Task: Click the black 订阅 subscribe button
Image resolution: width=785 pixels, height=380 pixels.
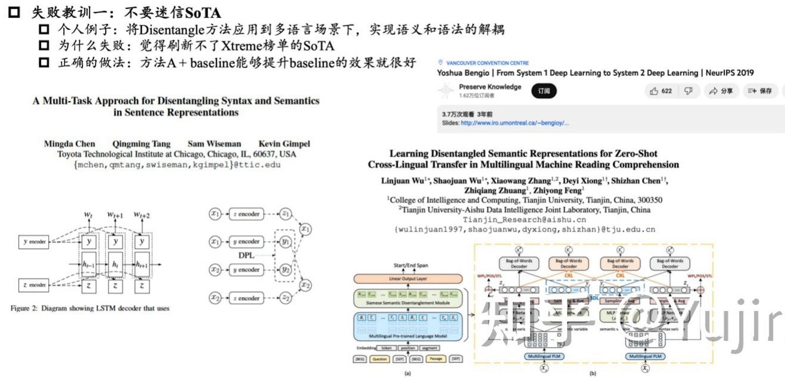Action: [x=544, y=91]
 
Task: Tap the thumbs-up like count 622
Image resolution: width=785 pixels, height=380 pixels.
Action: [x=661, y=91]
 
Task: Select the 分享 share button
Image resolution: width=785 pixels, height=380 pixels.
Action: [x=721, y=91]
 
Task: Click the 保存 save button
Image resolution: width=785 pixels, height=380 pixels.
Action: [x=760, y=91]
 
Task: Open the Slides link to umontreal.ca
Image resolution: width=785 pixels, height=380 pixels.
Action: [x=514, y=123]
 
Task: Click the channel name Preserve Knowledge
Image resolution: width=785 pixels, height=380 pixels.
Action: [x=490, y=87]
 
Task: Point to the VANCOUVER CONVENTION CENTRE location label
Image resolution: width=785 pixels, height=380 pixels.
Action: [x=487, y=63]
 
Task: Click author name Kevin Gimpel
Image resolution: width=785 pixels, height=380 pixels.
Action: [x=284, y=144]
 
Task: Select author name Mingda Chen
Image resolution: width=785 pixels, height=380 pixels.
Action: [x=70, y=144]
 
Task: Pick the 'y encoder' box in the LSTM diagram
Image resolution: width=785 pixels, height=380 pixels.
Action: [x=34, y=242]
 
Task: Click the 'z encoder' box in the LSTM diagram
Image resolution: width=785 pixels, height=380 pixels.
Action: [x=34, y=285]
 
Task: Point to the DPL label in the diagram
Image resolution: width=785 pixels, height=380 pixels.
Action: [x=246, y=255]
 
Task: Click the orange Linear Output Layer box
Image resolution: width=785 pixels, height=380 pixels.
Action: [x=408, y=278]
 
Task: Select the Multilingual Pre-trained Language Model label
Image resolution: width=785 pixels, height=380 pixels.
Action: [x=408, y=336]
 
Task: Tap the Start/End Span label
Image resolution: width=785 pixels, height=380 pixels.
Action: [x=411, y=266]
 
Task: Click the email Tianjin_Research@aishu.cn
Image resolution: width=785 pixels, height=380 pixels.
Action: [x=524, y=220]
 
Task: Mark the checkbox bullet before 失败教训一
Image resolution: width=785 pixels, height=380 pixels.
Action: [x=14, y=12]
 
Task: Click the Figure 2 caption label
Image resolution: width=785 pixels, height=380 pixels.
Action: [x=24, y=308]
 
